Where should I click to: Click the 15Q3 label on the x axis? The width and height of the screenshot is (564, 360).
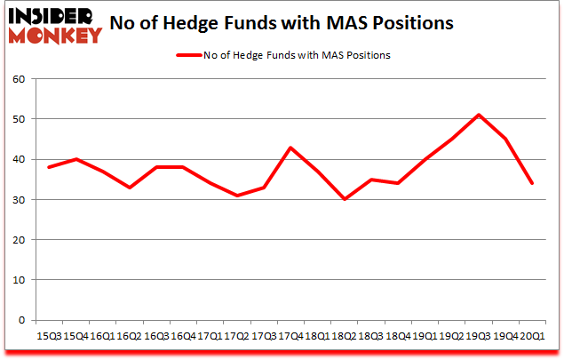[49, 336]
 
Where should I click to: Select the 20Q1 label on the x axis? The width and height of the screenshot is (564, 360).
[531, 336]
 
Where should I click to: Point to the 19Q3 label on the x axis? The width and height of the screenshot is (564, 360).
[481, 336]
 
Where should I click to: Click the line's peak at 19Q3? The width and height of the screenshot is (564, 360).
[480, 115]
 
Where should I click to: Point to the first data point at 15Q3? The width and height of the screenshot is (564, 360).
[49, 167]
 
